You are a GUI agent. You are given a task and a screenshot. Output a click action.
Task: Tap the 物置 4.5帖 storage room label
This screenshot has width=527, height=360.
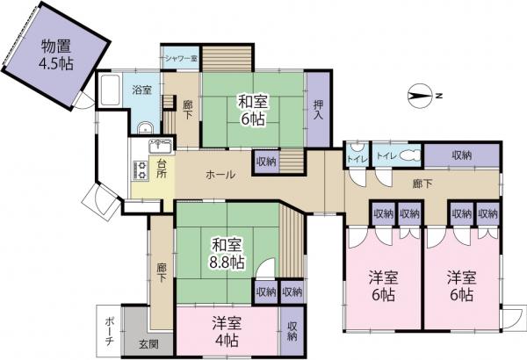(56, 54)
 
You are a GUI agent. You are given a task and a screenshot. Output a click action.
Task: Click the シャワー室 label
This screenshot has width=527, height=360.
(181, 58)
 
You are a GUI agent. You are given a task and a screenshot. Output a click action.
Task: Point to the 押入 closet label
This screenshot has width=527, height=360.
(318, 110)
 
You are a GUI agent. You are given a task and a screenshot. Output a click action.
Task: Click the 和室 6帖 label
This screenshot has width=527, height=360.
(253, 111)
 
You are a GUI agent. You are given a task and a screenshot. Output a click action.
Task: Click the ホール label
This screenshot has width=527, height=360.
(220, 175)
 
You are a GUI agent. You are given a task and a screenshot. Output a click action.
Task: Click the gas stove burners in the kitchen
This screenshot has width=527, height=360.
(141, 170)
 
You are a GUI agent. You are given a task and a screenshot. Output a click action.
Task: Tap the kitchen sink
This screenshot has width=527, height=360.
(161, 146)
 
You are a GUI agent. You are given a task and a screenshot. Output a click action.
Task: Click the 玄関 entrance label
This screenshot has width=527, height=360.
(148, 344)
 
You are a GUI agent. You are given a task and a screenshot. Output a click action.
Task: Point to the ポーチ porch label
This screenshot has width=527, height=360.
(109, 331)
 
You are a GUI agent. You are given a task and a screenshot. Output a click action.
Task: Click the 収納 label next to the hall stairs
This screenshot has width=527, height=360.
(266, 162)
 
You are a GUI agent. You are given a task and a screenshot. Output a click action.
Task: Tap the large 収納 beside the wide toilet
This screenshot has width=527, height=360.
(461, 155)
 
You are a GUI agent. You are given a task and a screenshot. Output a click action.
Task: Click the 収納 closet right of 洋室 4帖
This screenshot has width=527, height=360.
(292, 331)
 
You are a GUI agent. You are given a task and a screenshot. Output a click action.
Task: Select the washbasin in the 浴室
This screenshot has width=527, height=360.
(146, 127)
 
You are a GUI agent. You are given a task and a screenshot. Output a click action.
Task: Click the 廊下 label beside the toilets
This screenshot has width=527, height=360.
(422, 184)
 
